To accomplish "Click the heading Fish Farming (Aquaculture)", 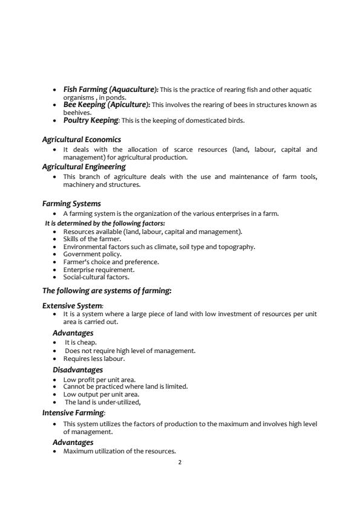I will (x=111, y=89).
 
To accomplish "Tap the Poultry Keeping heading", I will (x=91, y=120).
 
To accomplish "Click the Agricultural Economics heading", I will (x=81, y=140).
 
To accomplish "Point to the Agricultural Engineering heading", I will (x=83, y=166).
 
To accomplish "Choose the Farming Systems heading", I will (x=71, y=204).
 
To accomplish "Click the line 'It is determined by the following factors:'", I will (x=105, y=223).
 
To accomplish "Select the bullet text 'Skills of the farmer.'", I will (x=92, y=239).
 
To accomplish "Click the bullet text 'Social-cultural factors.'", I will (x=96, y=277).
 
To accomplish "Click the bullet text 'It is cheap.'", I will (x=80, y=342).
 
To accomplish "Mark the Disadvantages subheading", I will (x=77, y=370).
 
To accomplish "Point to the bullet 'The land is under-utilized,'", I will (x=103, y=402).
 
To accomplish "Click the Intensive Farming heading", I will (x=74, y=413).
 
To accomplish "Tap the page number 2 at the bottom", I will (x=180, y=462).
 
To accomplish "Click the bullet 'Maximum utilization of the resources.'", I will (x=119, y=452).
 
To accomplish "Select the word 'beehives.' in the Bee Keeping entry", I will (x=77, y=112).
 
